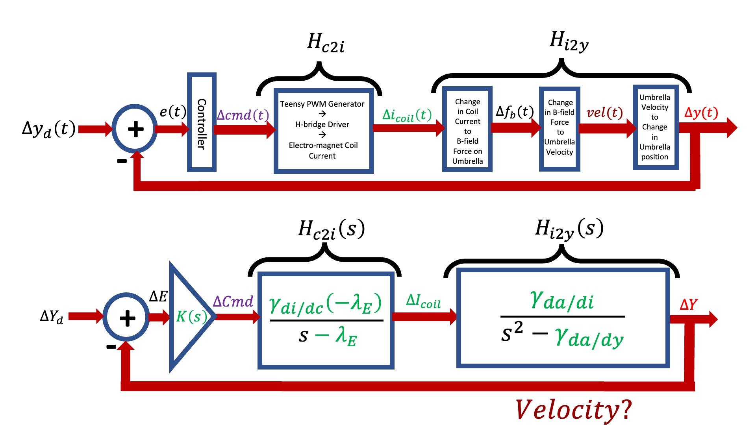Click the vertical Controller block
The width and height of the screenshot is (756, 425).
click(202, 122)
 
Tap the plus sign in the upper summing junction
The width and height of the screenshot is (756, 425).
click(135, 129)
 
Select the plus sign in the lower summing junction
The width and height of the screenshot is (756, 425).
click(127, 318)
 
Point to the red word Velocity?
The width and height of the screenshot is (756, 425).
click(573, 410)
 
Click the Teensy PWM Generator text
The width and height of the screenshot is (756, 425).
click(322, 104)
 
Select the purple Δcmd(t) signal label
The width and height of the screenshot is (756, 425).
click(243, 115)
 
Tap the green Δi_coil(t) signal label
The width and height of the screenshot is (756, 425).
click(407, 115)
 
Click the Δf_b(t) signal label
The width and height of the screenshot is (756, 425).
click(515, 112)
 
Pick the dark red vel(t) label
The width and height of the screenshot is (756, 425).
click(604, 113)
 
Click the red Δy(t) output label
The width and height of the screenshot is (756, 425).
click(701, 113)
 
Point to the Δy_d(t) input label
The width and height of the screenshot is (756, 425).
click(49, 129)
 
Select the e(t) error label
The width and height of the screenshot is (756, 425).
click(172, 112)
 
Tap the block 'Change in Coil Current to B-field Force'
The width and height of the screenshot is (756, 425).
click(467, 130)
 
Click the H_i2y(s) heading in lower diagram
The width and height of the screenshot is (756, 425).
click(569, 229)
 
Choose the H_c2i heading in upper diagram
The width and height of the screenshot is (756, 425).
click(326, 42)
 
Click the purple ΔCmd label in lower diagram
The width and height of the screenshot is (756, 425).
click(233, 302)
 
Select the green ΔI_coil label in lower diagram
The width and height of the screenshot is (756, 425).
click(423, 301)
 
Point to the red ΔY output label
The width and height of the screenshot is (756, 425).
click(688, 304)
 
